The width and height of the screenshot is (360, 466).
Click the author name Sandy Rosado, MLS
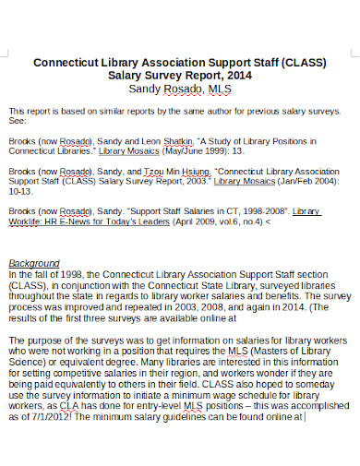pyautogui.click(x=180, y=90)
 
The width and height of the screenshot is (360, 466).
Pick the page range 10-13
pyautogui.click(x=18, y=192)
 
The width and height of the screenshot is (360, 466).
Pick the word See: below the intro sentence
pyautogui.click(x=17, y=119)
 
